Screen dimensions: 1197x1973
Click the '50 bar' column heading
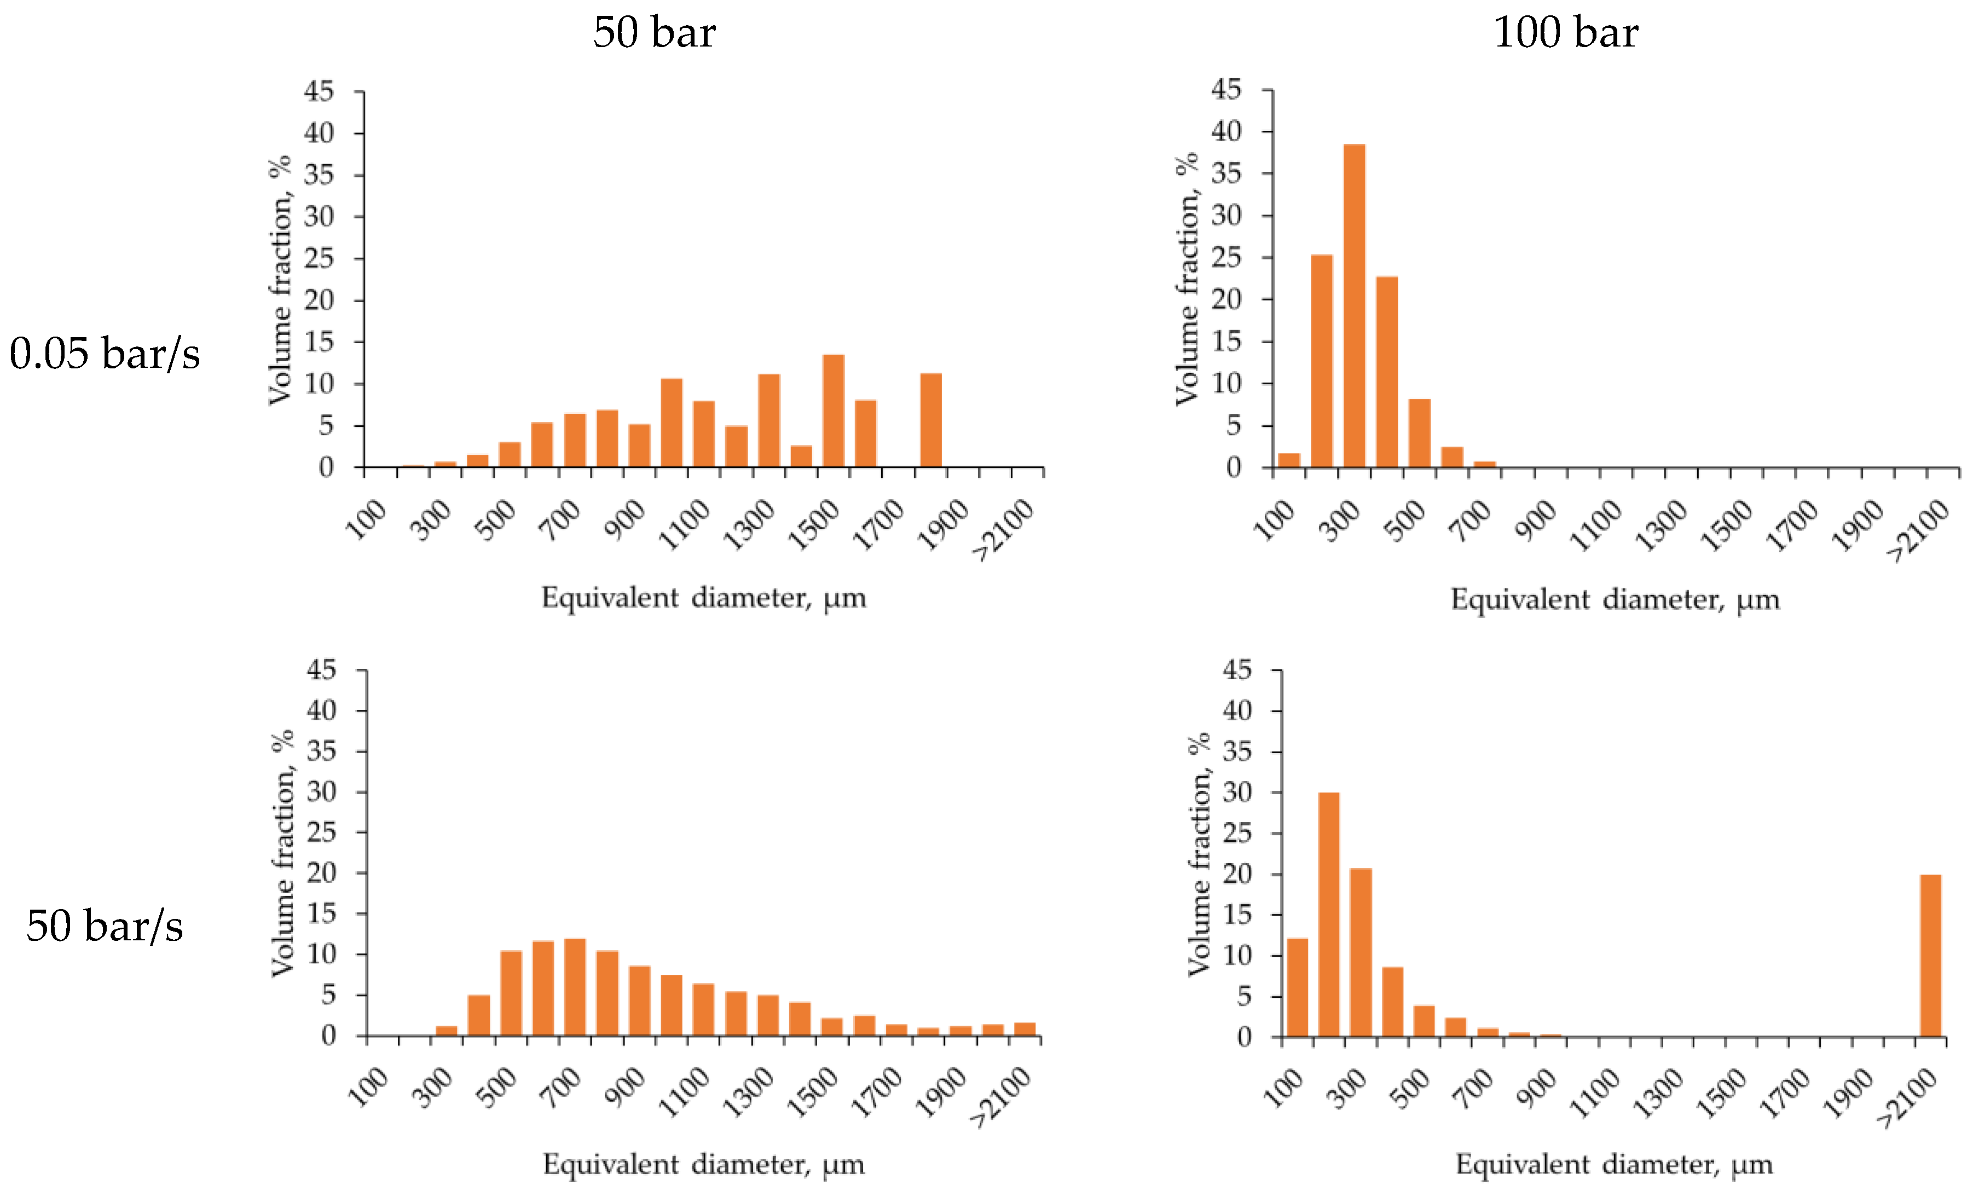tap(654, 33)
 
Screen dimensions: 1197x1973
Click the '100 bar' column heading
tap(1565, 33)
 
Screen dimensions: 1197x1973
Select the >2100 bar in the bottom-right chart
tap(1930, 955)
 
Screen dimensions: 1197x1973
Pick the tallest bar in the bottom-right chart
tap(1328, 915)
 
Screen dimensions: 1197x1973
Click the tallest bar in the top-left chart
tap(834, 410)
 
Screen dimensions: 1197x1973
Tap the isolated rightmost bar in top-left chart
tap(930, 420)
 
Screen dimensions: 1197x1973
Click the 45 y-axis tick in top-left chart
tap(319, 92)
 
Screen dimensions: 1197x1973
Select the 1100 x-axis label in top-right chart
tap(1596, 525)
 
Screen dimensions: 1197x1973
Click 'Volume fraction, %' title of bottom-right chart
tap(1199, 854)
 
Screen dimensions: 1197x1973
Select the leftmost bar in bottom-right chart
tap(1297, 987)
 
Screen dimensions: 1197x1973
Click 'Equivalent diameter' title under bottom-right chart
tap(1613, 1164)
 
